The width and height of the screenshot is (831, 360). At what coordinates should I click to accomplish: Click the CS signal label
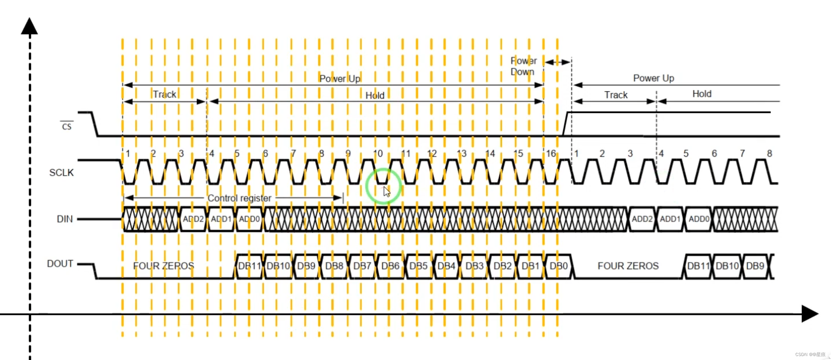[x=67, y=126]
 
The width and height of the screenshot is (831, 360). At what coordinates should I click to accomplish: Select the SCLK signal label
[x=61, y=173]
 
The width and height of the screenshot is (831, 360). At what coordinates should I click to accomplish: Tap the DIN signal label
[x=65, y=219]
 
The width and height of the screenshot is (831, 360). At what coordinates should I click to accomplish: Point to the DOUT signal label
[x=60, y=264]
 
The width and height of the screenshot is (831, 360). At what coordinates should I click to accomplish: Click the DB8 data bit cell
[x=334, y=266]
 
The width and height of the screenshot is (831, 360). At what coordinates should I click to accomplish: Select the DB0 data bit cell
[x=559, y=266]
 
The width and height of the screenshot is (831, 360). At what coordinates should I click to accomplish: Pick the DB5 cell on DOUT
[x=418, y=266]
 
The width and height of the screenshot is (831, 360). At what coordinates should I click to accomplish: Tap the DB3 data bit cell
[x=474, y=266]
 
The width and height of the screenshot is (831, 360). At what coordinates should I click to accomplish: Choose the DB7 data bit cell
[x=362, y=266]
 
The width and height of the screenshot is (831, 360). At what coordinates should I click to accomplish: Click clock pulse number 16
[x=551, y=154]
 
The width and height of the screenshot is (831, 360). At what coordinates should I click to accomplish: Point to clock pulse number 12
[x=432, y=154]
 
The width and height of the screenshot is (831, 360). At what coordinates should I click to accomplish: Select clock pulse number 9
[x=348, y=154]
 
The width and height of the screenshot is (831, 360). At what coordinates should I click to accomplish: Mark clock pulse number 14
[x=490, y=154]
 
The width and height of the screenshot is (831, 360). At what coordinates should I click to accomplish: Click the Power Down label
[x=523, y=66]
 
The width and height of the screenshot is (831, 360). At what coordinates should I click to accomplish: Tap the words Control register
[x=239, y=198]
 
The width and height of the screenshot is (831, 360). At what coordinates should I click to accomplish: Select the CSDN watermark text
[x=810, y=355]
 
